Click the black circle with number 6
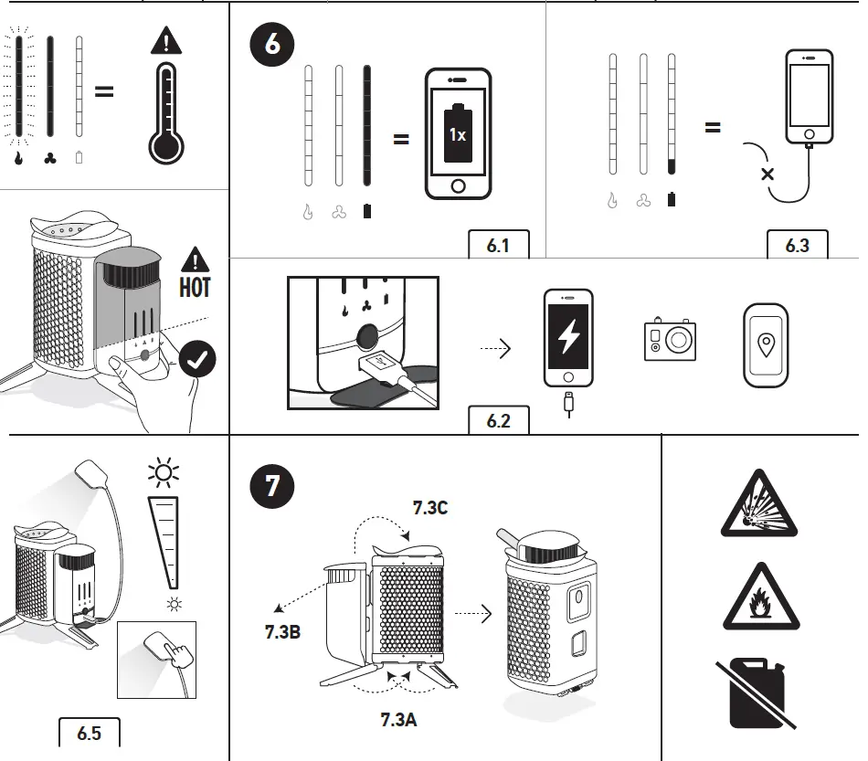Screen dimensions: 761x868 273,42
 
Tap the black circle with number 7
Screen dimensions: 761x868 272,487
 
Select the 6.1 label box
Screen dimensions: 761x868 498,246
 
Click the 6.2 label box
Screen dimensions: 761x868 498,422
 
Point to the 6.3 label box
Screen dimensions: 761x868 797,246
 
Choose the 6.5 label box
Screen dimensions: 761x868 89,733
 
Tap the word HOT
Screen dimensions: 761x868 195,287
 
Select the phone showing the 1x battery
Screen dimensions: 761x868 458,134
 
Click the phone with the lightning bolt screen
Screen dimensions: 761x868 567,339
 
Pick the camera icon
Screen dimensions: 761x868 670,339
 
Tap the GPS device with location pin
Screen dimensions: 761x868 765,344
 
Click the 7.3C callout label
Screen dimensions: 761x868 429,509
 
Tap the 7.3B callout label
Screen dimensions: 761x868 281,630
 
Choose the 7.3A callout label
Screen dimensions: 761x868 399,719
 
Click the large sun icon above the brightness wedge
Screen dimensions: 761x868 164,473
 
